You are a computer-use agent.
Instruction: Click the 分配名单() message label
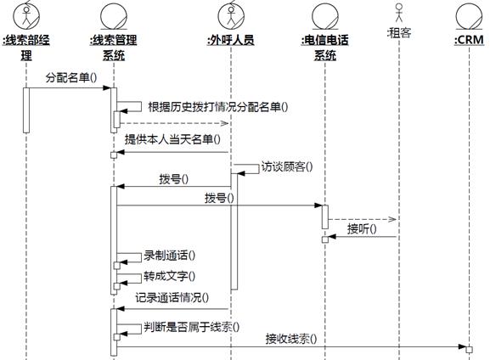71,77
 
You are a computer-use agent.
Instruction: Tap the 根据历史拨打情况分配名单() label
218,107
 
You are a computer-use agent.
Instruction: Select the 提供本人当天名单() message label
172,139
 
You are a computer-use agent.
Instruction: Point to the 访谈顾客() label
287,166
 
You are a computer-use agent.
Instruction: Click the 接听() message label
362,228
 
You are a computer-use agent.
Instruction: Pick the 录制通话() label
169,256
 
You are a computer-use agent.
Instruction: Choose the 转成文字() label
169,276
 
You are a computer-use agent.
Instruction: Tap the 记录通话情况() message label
172,297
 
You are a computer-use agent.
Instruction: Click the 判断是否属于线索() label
192,327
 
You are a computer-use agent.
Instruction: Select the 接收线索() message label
291,339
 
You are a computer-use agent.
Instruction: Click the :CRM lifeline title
469,40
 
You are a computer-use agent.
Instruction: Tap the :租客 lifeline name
399,33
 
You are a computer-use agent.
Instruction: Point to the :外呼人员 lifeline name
231,40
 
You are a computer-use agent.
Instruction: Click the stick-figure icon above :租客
399,13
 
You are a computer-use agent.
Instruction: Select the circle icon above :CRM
469,16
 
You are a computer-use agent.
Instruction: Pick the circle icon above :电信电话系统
325,16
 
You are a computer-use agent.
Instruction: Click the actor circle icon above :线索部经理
26,16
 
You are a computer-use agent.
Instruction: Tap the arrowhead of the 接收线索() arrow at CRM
462,346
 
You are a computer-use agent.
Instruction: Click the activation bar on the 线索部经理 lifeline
26,110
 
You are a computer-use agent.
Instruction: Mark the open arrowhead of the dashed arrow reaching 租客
392,219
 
